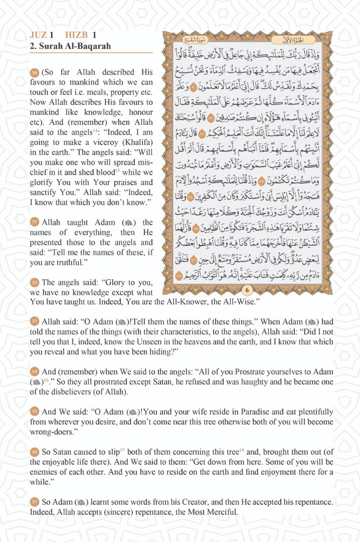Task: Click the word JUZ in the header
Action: (39, 35)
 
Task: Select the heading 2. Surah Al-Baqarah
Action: (70, 46)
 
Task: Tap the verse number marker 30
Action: (34, 72)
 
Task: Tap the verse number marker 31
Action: (34, 222)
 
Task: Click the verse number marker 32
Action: (34, 282)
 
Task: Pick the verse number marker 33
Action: (34, 321)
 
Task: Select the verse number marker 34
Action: (34, 371)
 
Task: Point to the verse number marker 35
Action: (34, 412)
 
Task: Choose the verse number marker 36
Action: (34, 452)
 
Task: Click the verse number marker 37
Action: (34, 502)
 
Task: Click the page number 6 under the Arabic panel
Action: (247, 290)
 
